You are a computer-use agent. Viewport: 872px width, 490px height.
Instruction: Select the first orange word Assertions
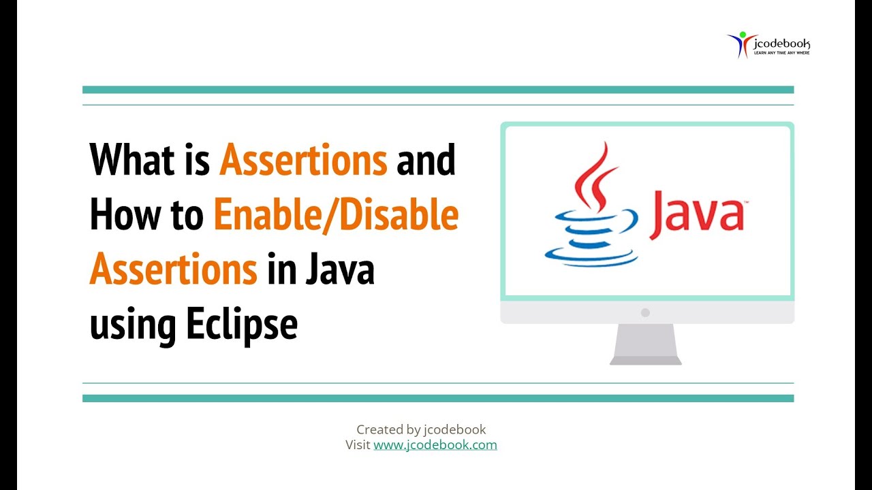[303, 161]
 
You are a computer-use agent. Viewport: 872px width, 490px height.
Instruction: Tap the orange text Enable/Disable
[336, 215]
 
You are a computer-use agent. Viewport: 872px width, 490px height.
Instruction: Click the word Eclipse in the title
[242, 324]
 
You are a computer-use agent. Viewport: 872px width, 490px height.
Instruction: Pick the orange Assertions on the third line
[173, 269]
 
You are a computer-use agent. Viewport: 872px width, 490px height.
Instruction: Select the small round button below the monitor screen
[645, 312]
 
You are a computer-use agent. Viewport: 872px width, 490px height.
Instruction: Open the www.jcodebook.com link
[435, 445]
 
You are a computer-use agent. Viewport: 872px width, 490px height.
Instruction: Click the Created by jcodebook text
[421, 429]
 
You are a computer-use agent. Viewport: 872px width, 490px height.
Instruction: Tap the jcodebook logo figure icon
[738, 44]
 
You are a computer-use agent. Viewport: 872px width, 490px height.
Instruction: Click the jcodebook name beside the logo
[781, 44]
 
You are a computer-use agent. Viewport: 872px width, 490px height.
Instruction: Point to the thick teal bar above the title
[438, 90]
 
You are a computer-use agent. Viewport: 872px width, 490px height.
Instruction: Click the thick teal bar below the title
[438, 398]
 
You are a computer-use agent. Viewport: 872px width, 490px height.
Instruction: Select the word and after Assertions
[426, 161]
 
